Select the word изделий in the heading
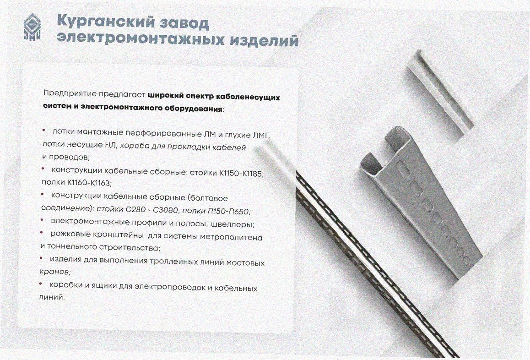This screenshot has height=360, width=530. click(264, 39)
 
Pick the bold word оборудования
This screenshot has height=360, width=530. click(194, 109)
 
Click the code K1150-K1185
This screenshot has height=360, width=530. click(241, 174)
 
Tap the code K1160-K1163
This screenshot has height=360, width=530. click(89, 183)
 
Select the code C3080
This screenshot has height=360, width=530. click(165, 210)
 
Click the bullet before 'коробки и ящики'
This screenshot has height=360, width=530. click(41, 283)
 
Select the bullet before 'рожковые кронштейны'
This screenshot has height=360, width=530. click(42, 233)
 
